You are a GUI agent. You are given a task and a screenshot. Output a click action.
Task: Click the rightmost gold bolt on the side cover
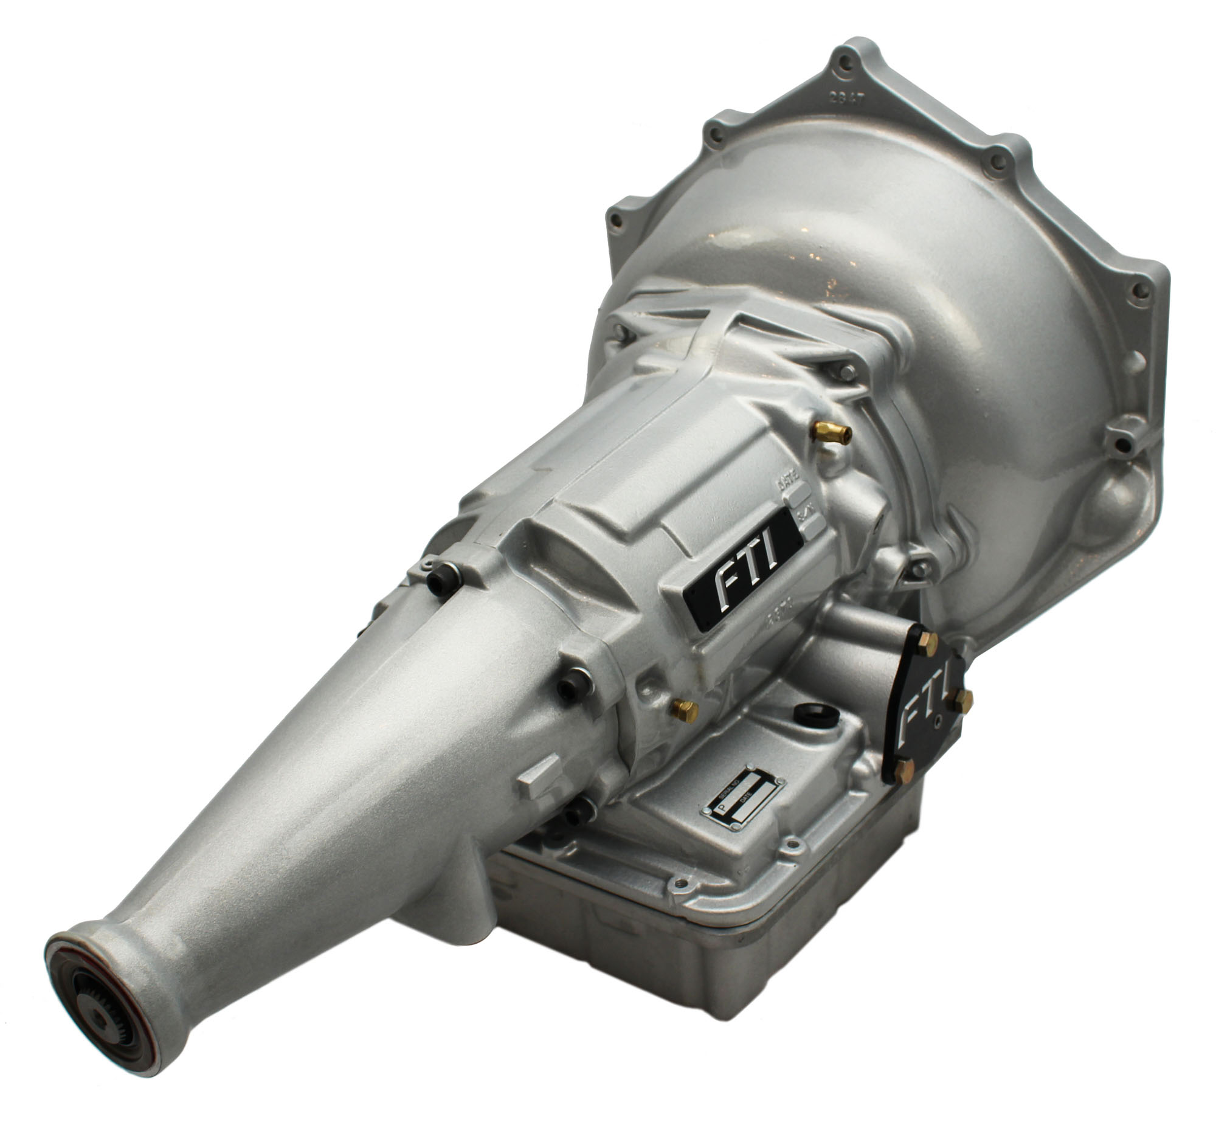pyautogui.click(x=962, y=701)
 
